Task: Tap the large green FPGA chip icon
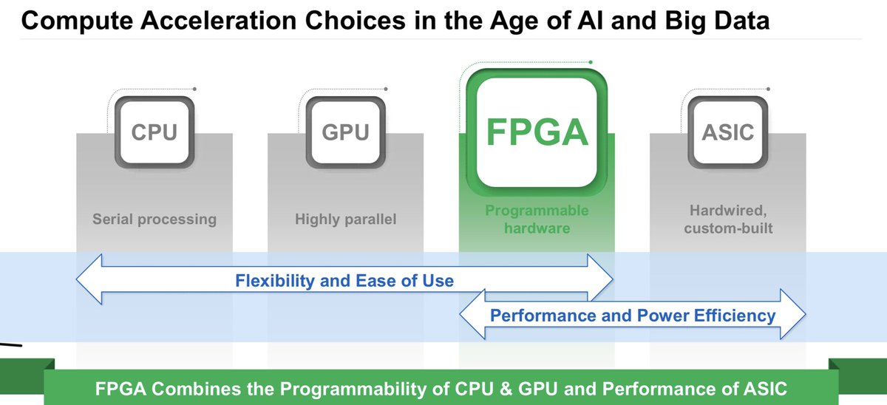tap(537, 133)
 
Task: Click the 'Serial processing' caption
tap(154, 219)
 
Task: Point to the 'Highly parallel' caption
tap(345, 219)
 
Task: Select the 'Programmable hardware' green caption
tap(537, 219)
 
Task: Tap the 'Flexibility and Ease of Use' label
tap(344, 281)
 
